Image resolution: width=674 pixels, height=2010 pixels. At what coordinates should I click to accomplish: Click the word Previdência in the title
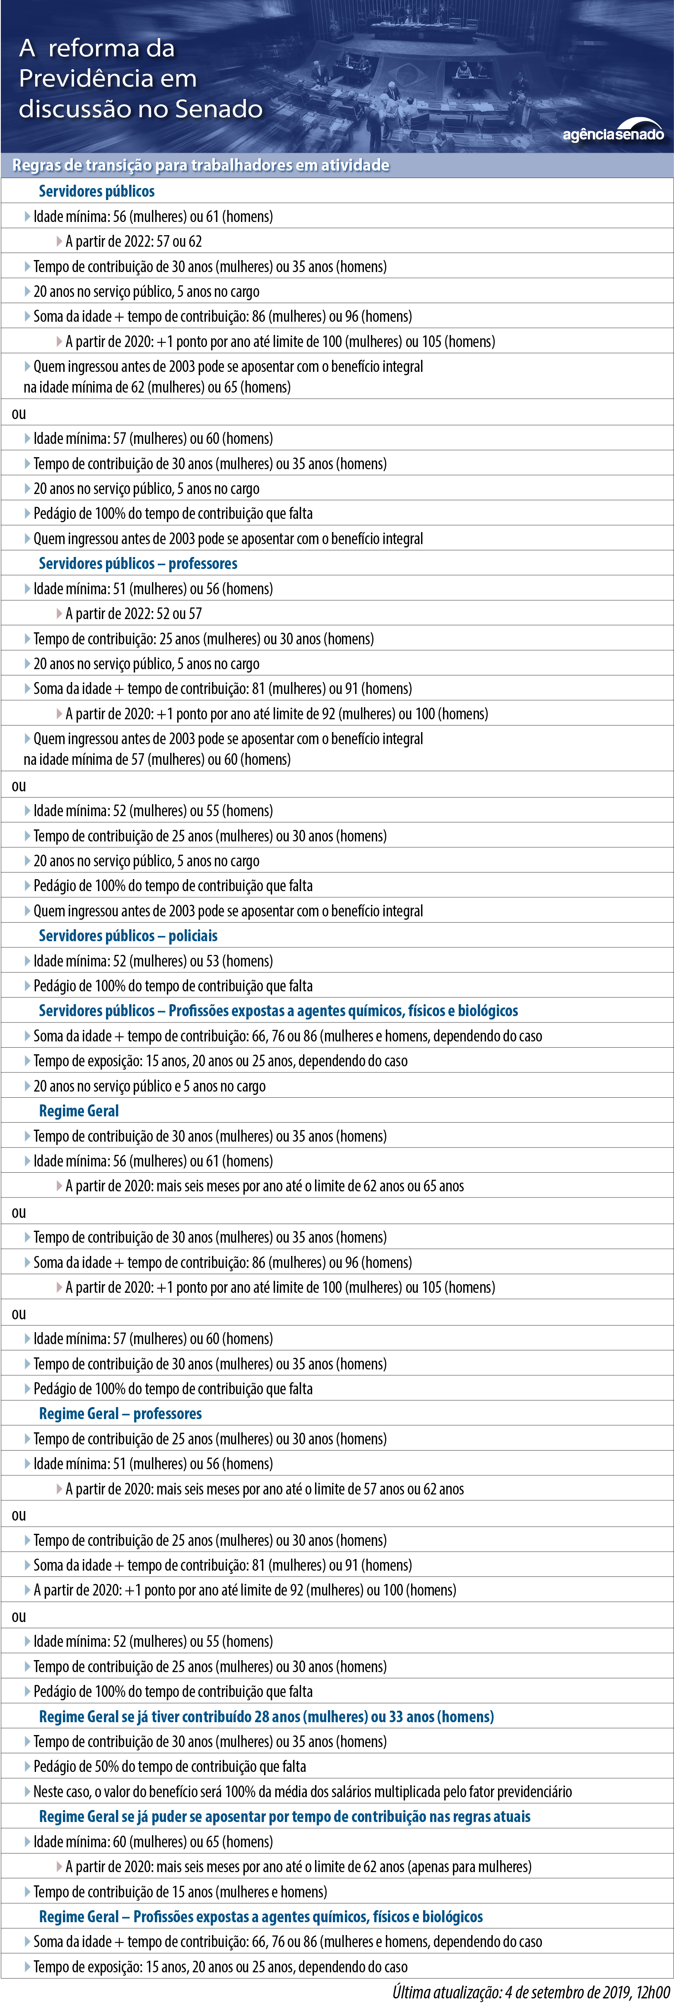coord(86,78)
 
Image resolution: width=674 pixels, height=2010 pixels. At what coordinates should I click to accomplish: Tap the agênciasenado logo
coord(613,133)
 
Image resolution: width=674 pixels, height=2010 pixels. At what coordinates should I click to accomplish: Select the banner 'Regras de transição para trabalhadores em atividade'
coord(200,165)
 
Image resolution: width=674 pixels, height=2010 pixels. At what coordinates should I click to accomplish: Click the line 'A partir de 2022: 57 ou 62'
coord(133,241)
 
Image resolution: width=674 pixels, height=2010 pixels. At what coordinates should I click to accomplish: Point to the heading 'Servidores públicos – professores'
coord(138,563)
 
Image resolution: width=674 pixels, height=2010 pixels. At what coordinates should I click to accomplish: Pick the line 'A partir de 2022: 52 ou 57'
coord(133,613)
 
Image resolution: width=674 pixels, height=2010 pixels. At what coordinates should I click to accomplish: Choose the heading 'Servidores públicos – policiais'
coord(128,935)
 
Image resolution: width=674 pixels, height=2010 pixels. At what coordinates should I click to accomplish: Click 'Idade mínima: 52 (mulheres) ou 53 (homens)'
coord(153,961)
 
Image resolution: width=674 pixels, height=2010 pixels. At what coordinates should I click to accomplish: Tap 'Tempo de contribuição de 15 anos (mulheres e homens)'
coord(180,1892)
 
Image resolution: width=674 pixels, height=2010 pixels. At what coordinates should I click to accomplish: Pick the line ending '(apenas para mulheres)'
coord(298,1866)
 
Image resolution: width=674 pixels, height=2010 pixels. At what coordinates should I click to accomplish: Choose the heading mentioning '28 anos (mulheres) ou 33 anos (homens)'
coord(266,1716)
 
